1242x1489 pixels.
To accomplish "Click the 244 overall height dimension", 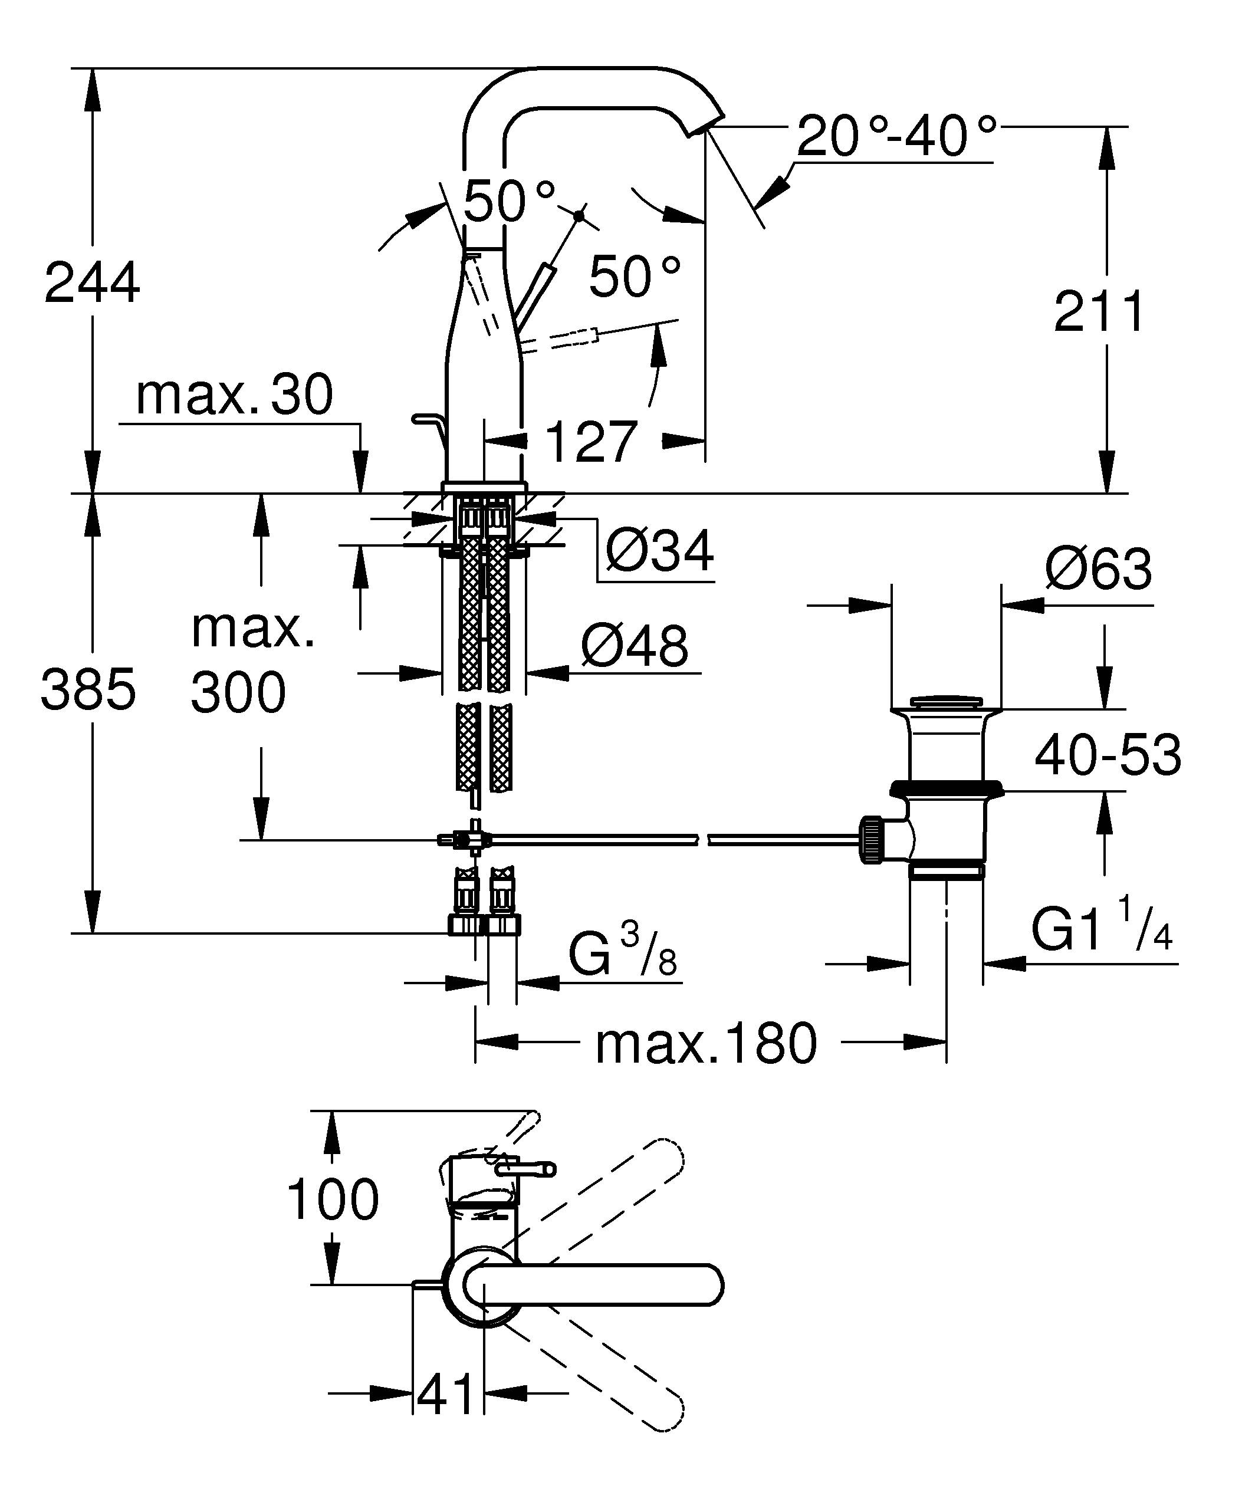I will click(92, 283).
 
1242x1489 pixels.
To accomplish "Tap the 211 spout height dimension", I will click(1099, 311).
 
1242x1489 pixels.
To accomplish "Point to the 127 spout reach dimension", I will click(592, 441).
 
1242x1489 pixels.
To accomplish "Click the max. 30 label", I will click(234, 395).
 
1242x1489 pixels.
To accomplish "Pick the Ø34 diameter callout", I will click(660, 550).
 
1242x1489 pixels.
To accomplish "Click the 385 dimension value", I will click(88, 689).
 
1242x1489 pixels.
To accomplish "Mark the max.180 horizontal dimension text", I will click(706, 1044).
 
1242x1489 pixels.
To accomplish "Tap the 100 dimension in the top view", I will click(333, 1199).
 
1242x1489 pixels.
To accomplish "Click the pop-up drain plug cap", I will click(946, 701).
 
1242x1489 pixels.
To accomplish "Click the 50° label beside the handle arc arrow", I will click(635, 277).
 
